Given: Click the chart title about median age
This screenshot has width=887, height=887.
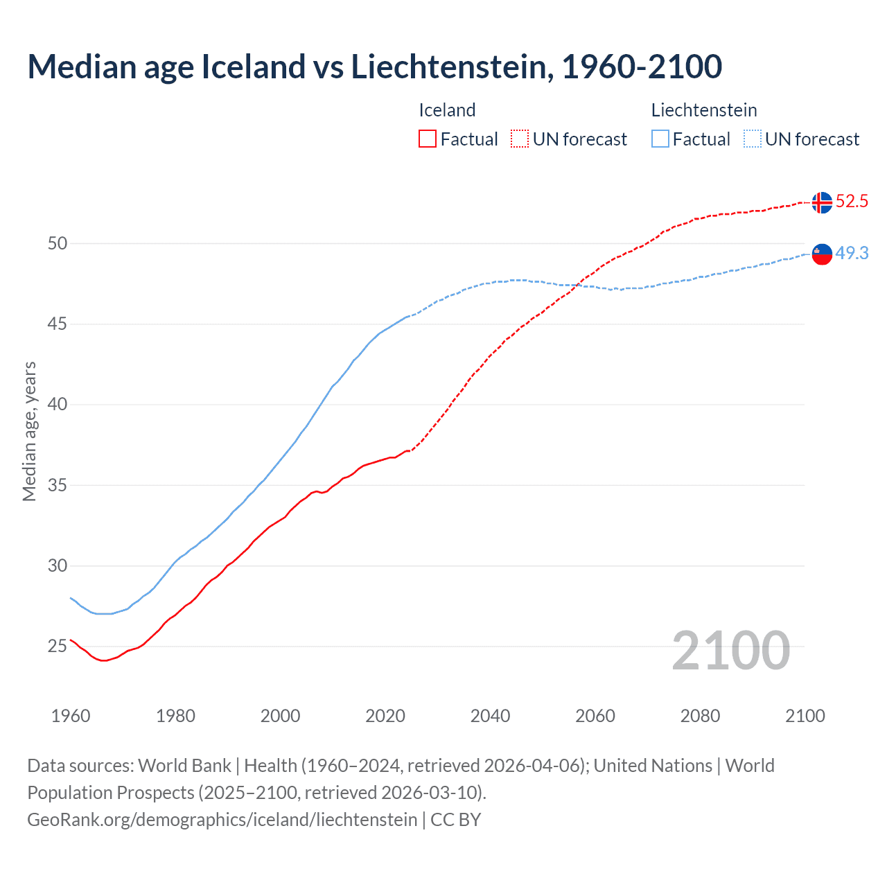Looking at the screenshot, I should coord(374,67).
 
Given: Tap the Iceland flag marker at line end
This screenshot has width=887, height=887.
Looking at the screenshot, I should coord(822,202).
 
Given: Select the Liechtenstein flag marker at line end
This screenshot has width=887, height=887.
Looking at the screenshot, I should coord(822,254).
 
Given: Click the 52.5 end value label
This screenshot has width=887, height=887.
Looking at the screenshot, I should coord(852,202).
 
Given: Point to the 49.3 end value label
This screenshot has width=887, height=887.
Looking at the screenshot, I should coord(852,254).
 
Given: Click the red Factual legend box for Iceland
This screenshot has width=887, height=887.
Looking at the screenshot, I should coord(428,139).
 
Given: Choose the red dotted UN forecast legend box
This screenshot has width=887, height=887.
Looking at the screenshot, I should coord(520,139).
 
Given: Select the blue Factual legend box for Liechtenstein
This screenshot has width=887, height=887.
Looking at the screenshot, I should coord(660,139).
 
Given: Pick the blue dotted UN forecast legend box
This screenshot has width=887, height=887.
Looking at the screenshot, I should coord(753,139).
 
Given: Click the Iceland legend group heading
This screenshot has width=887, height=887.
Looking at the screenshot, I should coord(447,110).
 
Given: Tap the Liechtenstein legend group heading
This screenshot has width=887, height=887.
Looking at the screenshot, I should coord(703,110).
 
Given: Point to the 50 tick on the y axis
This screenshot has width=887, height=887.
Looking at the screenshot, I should coord(58,243).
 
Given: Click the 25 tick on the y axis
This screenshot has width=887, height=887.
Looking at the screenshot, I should coord(58,647).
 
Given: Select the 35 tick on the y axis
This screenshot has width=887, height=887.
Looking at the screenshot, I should coord(58,485).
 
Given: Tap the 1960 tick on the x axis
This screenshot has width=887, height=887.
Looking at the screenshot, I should coord(71,716).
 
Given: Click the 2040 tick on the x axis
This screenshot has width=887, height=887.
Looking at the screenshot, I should coord(490,716).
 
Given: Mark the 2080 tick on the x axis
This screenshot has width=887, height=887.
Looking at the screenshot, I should coord(700,716).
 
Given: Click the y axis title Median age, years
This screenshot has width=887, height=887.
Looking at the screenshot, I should coord(29,431).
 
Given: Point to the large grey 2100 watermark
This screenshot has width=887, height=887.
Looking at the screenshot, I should coord(730,651).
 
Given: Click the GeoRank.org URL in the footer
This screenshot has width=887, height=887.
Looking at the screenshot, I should coord(222,820).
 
